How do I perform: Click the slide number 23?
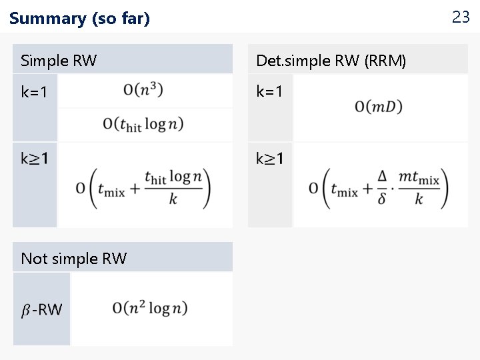[x=461, y=17]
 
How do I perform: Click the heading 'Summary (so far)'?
[x=79, y=19]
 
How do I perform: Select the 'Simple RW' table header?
[x=59, y=61]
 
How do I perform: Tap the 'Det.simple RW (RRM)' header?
[x=331, y=61]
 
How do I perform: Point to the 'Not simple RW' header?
[x=73, y=259]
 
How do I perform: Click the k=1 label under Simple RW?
[x=35, y=93]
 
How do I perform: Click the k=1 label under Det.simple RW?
[x=270, y=91]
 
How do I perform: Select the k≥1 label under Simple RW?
[x=35, y=159]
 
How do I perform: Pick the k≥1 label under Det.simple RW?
[x=270, y=159]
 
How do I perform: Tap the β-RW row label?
[x=41, y=309]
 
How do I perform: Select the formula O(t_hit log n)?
[x=143, y=123]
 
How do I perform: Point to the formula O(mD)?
[x=379, y=106]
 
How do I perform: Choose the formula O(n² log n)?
[x=150, y=307]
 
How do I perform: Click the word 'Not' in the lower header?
[x=33, y=259]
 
